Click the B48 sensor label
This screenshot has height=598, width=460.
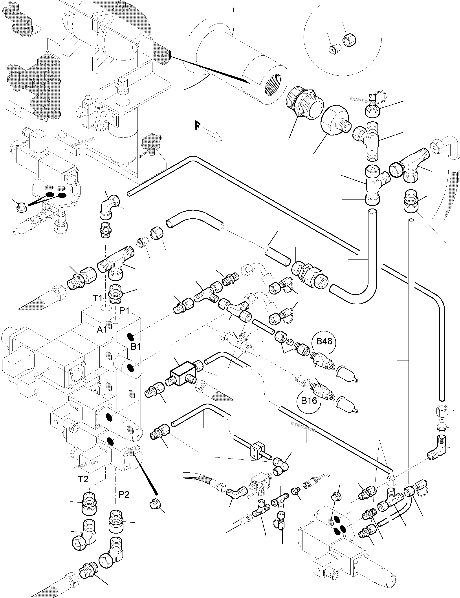click(324, 341)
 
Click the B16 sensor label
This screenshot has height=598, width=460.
click(309, 401)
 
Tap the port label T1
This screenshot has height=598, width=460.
click(97, 298)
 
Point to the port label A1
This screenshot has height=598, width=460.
click(102, 329)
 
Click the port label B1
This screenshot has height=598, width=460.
click(136, 346)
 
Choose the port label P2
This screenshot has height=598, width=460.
click(124, 495)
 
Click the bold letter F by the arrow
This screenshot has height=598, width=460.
click(197, 126)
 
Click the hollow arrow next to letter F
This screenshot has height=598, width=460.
click(213, 135)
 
